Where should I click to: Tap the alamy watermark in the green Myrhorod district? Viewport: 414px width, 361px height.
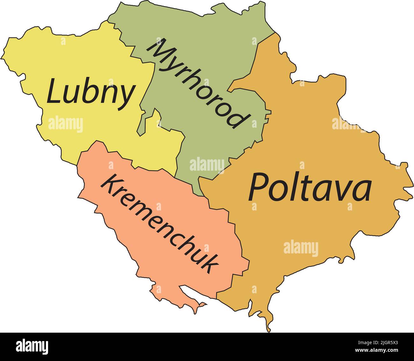[207, 165]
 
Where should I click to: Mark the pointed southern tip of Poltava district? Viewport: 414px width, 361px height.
[269, 330]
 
